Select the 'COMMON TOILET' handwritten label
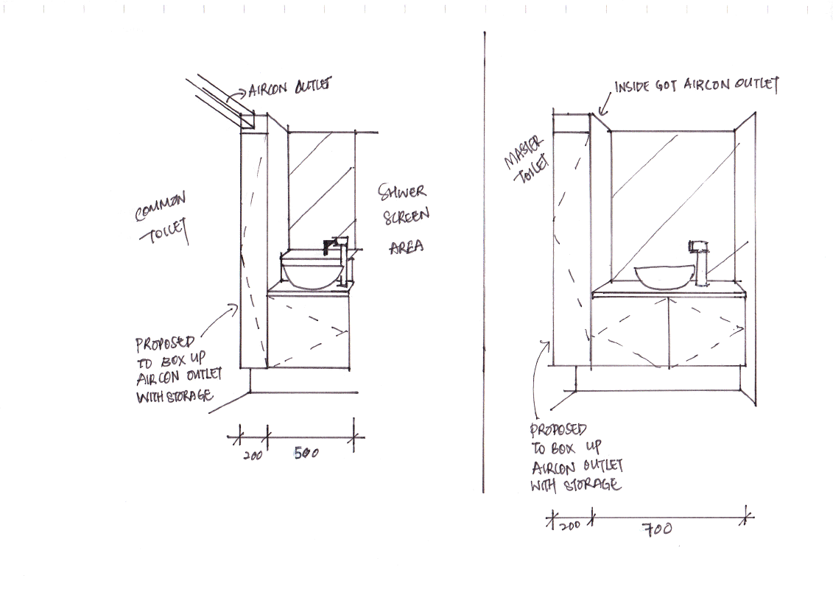[161, 217]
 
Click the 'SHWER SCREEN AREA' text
[403, 219]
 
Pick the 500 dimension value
[306, 454]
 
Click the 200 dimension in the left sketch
[252, 456]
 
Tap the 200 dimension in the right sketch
[570, 524]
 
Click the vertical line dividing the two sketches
[484, 265]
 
